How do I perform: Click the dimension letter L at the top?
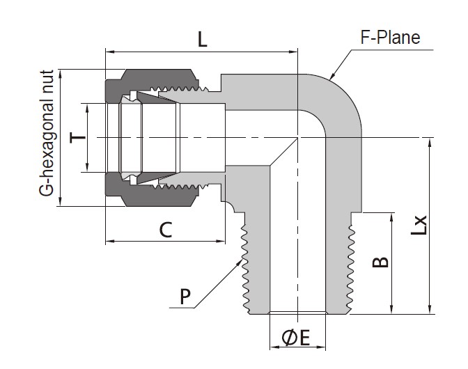[203, 40]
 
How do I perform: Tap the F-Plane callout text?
[390, 38]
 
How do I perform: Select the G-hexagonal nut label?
[46, 133]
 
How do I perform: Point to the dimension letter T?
[77, 138]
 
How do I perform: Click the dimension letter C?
[166, 230]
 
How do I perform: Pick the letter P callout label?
[185, 297]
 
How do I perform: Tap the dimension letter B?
[380, 262]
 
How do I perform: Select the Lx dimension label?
[419, 225]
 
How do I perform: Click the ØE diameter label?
[295, 338]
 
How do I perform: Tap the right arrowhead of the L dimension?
[293, 52]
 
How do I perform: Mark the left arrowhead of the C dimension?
[110, 241]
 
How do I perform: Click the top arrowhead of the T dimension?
[87, 109]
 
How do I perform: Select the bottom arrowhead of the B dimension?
[391, 309]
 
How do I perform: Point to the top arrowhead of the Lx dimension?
[430, 143]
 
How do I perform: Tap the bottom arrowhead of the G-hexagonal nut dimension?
[61, 201]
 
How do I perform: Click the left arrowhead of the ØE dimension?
[274, 347]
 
